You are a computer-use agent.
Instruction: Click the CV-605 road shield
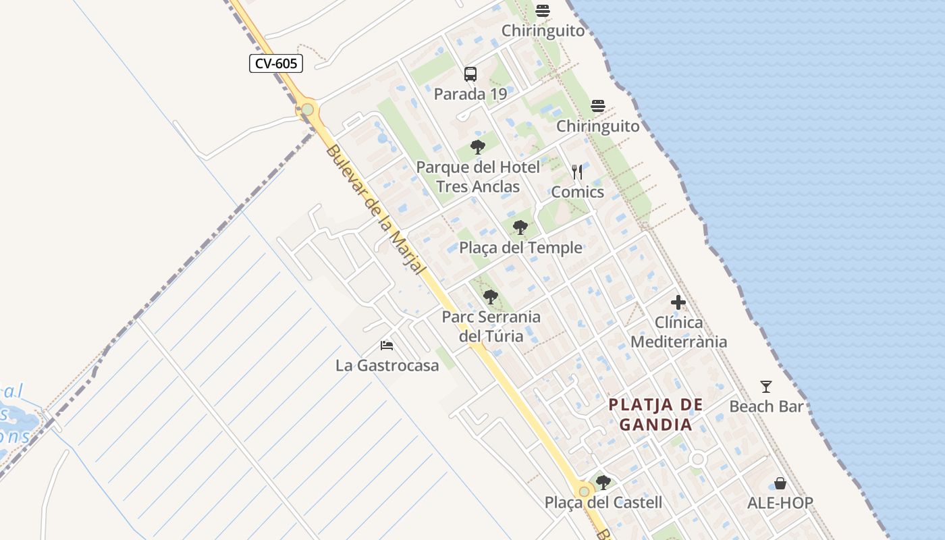(x=275, y=63)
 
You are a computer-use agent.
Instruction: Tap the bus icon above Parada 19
(x=470, y=74)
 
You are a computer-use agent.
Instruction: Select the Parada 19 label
(x=470, y=94)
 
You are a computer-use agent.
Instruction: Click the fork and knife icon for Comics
(x=577, y=172)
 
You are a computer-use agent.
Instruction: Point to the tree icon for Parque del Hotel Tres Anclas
(x=478, y=146)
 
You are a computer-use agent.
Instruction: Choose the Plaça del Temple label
(x=520, y=248)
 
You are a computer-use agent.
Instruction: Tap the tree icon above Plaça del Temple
(x=520, y=227)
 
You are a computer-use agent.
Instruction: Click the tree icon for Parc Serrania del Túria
(x=491, y=296)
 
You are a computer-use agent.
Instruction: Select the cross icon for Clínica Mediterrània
(x=678, y=302)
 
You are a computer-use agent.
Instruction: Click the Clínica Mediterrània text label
(x=678, y=332)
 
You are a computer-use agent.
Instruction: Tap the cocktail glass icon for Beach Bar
(x=766, y=387)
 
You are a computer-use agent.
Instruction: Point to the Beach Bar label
(x=766, y=406)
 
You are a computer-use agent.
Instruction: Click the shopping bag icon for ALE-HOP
(x=780, y=483)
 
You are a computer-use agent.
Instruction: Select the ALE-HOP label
(x=780, y=503)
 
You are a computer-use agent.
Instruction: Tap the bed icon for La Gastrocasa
(x=387, y=346)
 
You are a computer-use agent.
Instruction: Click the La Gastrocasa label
(x=387, y=365)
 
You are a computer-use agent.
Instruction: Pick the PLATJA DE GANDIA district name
(x=656, y=414)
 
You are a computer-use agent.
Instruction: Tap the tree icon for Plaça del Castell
(x=603, y=483)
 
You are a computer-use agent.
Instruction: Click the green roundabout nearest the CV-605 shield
(x=307, y=109)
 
